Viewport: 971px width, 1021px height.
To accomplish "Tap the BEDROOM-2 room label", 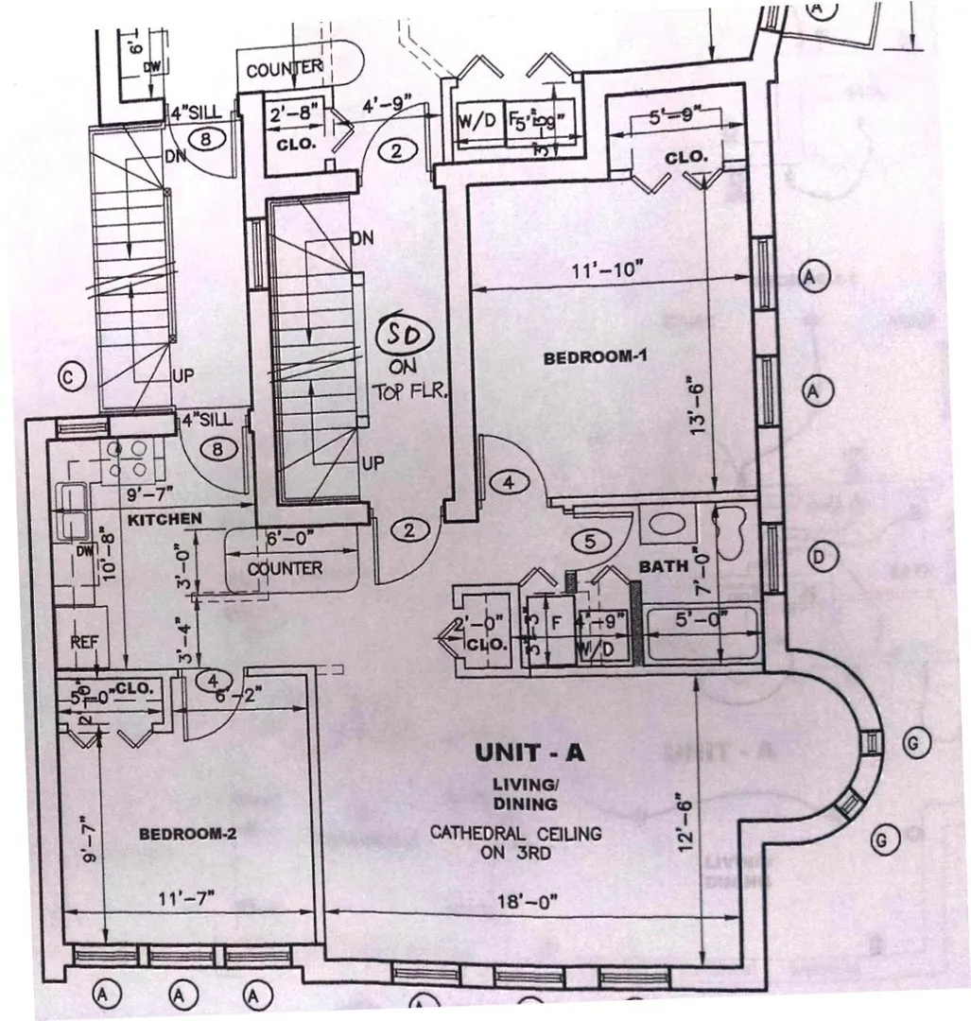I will (186, 834).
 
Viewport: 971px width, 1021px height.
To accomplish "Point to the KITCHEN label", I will (165, 519).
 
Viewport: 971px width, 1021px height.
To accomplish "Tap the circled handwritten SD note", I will (404, 334).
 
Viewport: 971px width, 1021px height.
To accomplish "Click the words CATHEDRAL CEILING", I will (516, 834).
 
